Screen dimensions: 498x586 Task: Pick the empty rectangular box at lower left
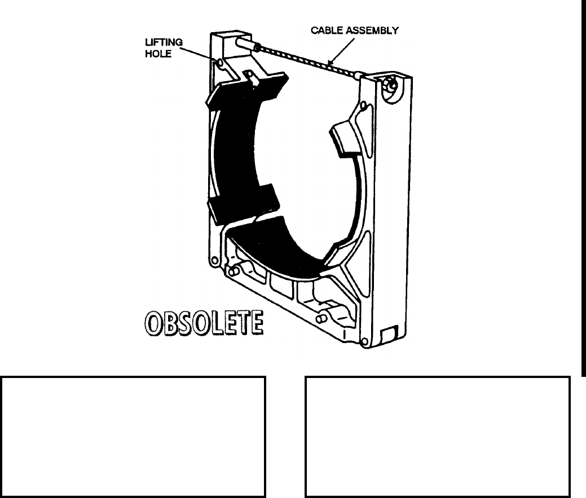[133, 437]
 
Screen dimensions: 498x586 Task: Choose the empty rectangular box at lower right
[437, 437]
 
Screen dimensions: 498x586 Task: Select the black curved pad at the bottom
[276, 248]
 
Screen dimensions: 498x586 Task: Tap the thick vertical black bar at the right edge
[583, 186]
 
